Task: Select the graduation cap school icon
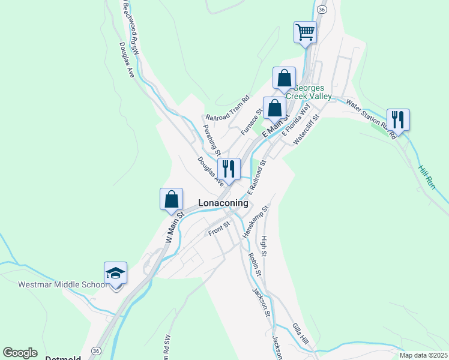pos(115,274)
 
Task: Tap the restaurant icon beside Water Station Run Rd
pos(398,119)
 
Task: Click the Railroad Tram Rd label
pos(228,108)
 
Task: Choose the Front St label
pos(219,229)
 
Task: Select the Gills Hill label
pos(301,334)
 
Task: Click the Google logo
pos(20,353)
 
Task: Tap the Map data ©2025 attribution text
pos(423,355)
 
